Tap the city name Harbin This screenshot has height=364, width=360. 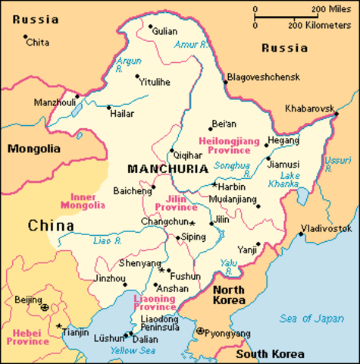[x=233, y=186]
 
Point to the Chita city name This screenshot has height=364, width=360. [x=37, y=42]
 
